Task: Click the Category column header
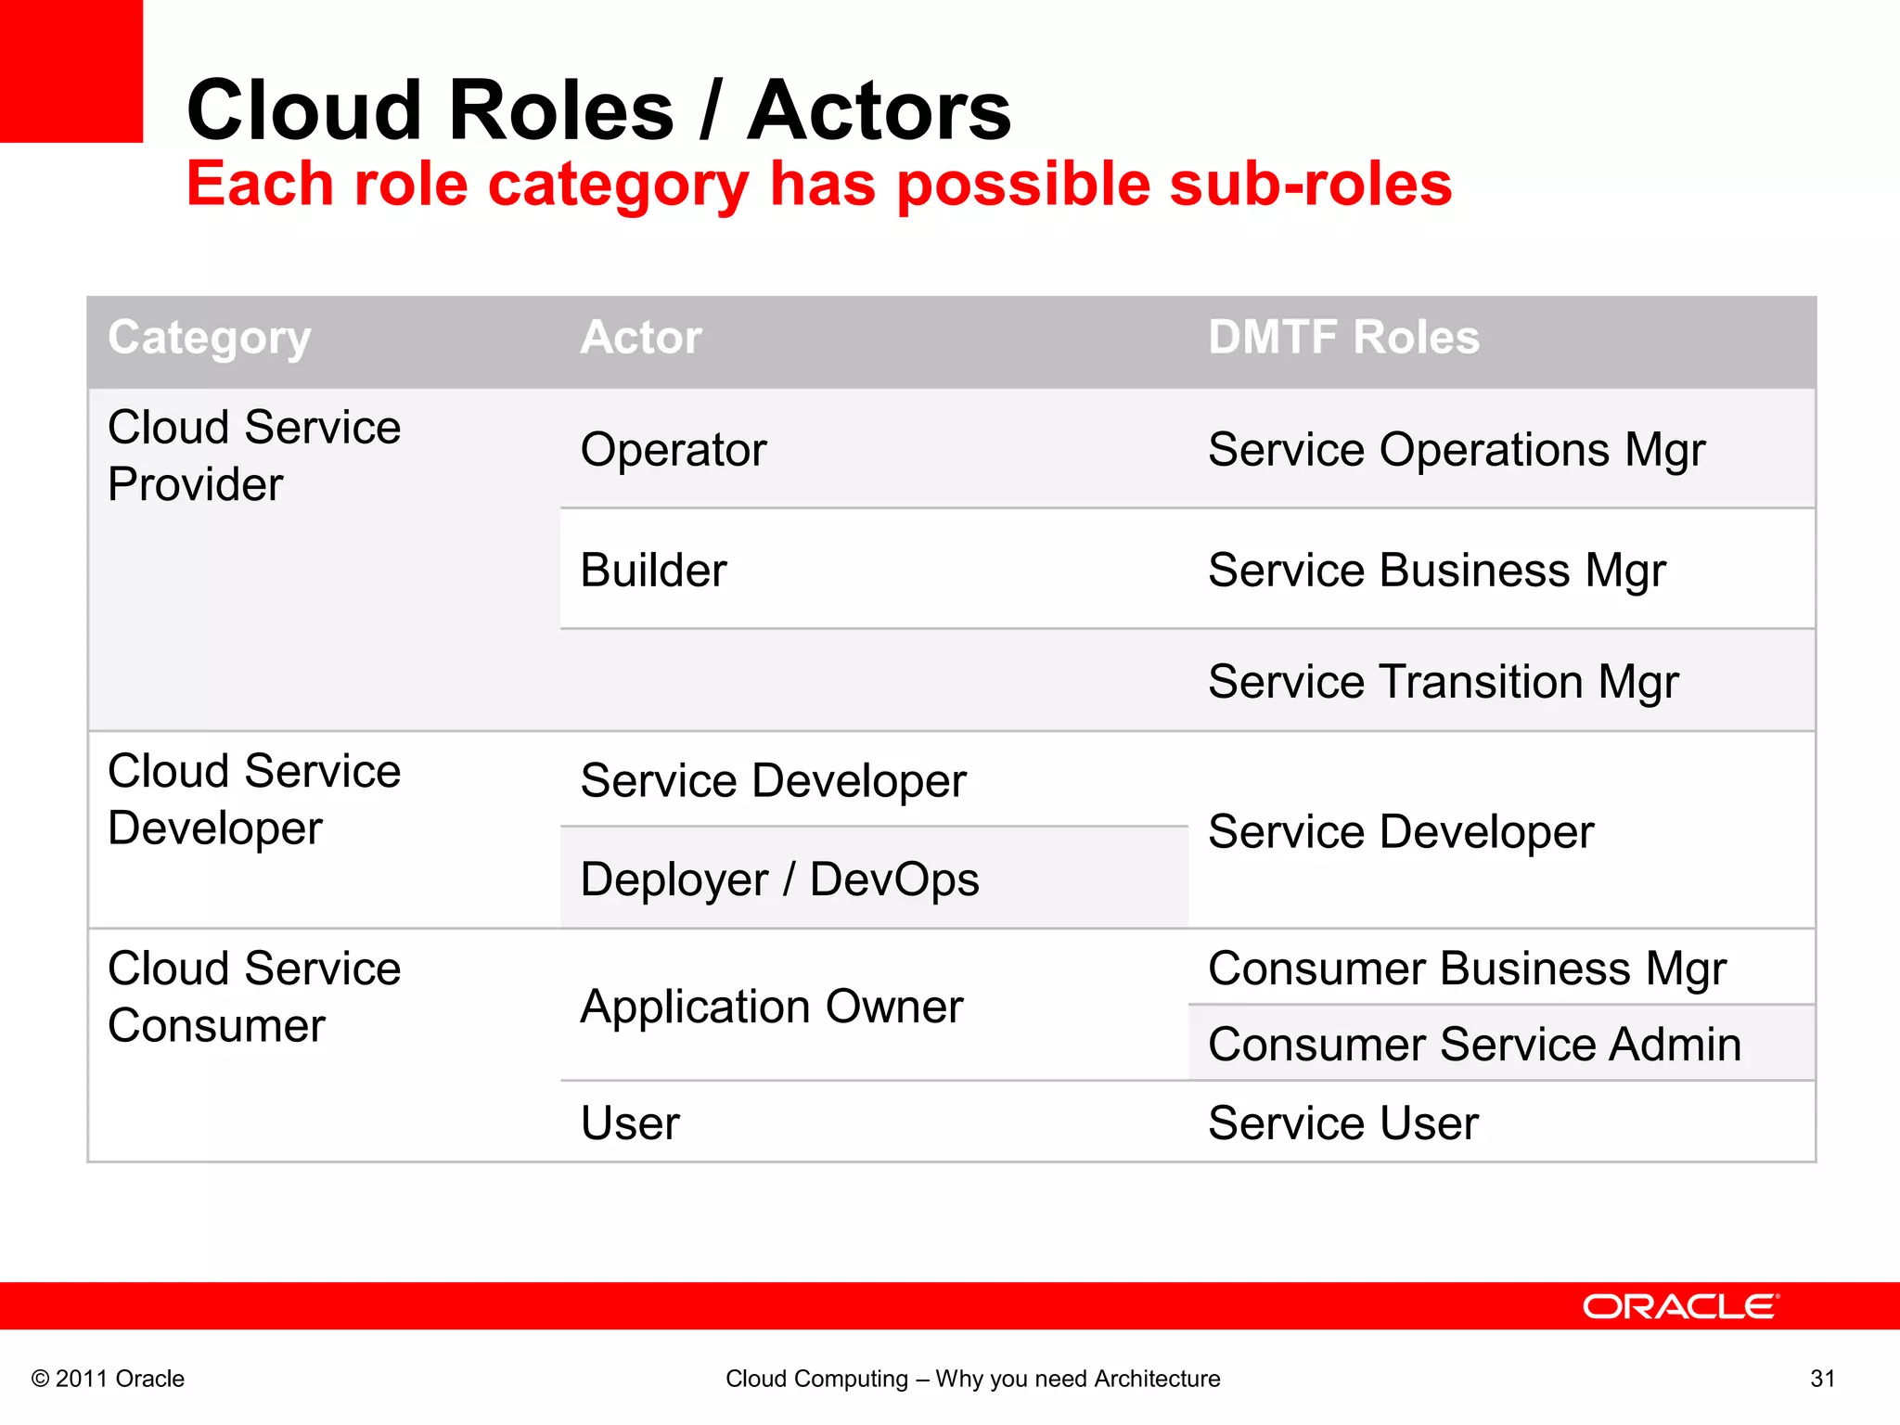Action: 210,338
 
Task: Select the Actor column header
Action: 640,338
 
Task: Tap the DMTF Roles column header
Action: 1343,338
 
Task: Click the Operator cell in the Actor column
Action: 674,450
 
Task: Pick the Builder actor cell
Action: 653,570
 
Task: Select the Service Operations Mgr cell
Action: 1457,450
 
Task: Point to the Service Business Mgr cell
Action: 1437,570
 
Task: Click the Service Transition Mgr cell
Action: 1444,682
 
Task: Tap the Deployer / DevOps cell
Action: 779,879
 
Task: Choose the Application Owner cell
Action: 772,1007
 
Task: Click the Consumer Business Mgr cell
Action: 1467,969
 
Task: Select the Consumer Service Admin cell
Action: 1474,1045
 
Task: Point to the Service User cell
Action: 1342,1123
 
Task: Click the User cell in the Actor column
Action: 630,1123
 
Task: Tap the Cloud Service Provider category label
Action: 253,456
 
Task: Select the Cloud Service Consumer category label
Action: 253,997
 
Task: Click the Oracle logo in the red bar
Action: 1680,1306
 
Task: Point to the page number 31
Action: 1822,1379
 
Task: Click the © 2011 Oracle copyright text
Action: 108,1379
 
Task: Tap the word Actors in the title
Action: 879,110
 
